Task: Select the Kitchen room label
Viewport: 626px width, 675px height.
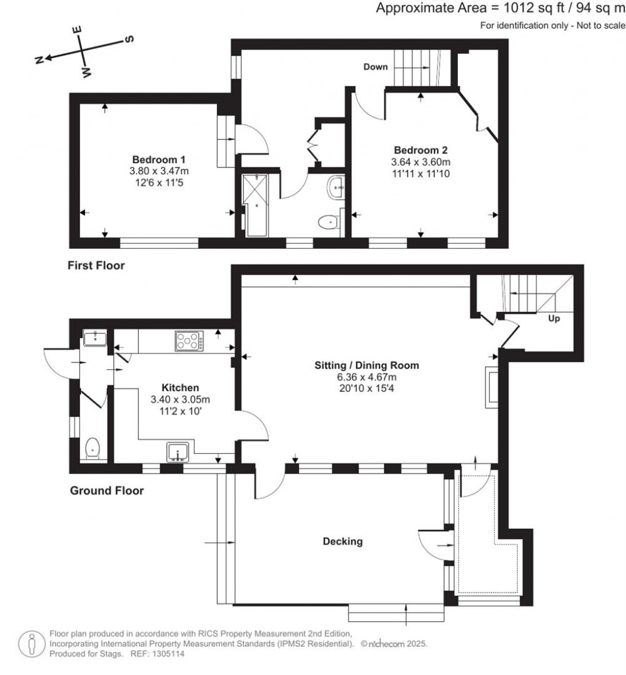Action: pyautogui.click(x=180, y=388)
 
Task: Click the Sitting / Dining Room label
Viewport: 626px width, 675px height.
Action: pyautogui.click(x=367, y=366)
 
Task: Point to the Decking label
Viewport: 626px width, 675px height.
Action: pyautogui.click(x=343, y=541)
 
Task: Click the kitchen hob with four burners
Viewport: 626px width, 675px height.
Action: pyautogui.click(x=190, y=341)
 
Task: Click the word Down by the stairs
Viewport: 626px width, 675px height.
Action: pyautogui.click(x=375, y=67)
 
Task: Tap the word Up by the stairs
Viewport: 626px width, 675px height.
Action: pyautogui.click(x=554, y=319)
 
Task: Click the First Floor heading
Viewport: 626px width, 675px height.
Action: pyautogui.click(x=97, y=265)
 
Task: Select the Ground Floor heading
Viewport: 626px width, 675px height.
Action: pyautogui.click(x=107, y=490)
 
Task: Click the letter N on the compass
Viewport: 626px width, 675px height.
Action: pyautogui.click(x=39, y=60)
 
